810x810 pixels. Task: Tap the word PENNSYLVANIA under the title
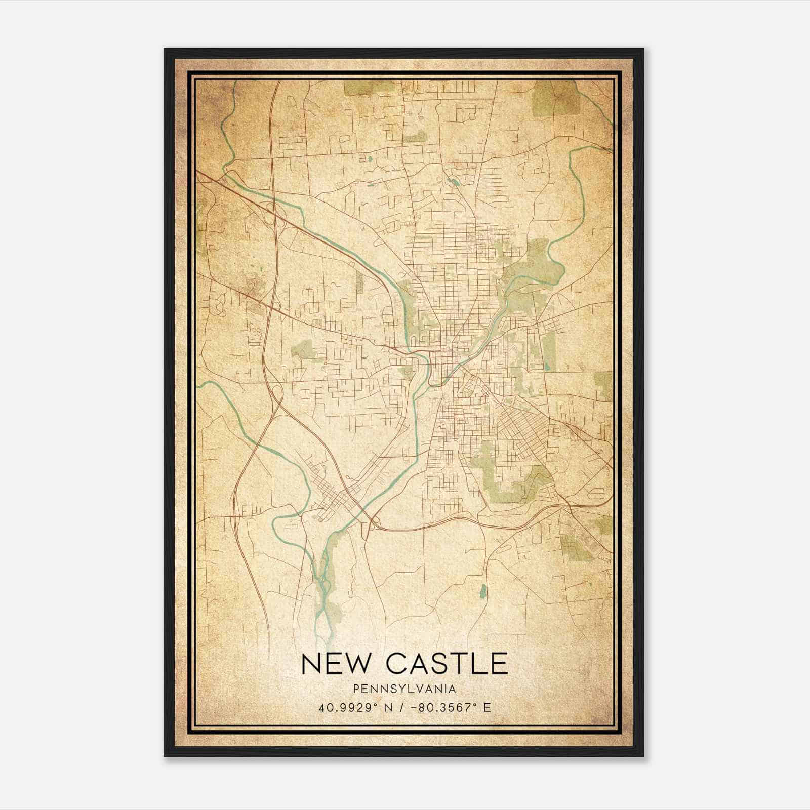[405, 689]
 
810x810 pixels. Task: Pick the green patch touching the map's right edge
[603, 385]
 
